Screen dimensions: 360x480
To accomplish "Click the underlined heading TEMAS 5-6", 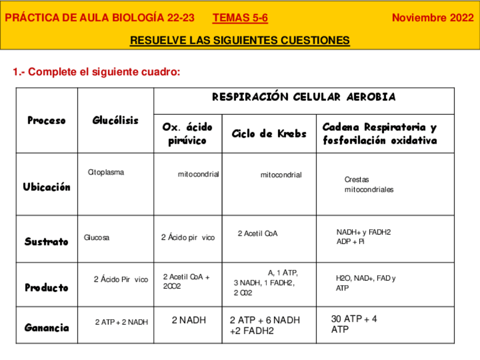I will click(x=240, y=18).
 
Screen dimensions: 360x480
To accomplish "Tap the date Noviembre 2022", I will click(x=432, y=18).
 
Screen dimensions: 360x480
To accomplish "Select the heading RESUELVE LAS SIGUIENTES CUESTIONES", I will click(x=240, y=41).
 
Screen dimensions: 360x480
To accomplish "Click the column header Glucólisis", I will click(x=115, y=121).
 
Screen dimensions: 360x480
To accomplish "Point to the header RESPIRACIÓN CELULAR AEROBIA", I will click(x=303, y=97).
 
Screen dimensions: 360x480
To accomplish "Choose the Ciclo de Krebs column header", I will click(x=269, y=134).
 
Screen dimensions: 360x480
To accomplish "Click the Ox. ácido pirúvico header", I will click(x=187, y=134).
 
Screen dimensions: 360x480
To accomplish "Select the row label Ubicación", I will click(x=47, y=187).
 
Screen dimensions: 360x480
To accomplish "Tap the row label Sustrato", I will click(x=46, y=242).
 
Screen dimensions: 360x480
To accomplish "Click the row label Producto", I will click(x=46, y=288).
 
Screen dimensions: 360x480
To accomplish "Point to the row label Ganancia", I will click(x=47, y=328).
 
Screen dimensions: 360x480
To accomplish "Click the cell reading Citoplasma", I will click(x=106, y=173).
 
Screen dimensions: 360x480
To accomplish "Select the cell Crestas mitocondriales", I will click(x=368, y=185).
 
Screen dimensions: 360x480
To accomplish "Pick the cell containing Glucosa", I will click(x=97, y=238).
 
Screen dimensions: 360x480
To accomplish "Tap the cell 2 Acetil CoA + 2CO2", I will click(x=186, y=281).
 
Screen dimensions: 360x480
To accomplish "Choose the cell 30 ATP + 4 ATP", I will click(x=354, y=324).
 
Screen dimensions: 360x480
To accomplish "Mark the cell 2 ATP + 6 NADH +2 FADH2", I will click(x=265, y=325).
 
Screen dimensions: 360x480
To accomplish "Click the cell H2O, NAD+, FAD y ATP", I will click(x=366, y=283).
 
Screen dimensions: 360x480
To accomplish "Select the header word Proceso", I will click(x=46, y=121).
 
